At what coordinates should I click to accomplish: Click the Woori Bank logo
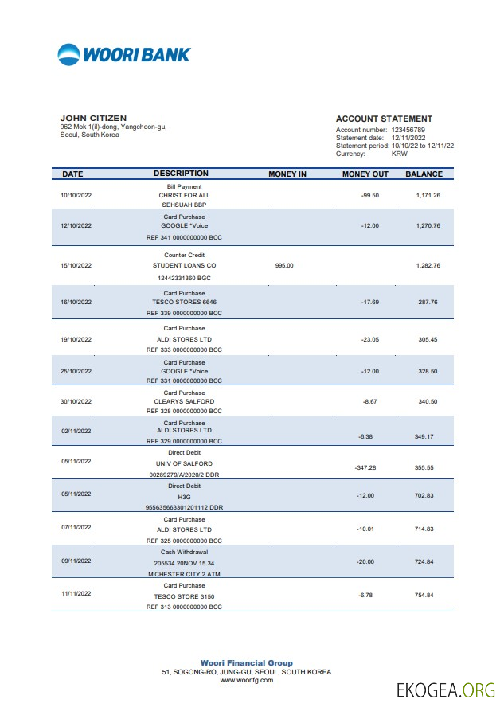(x=124, y=54)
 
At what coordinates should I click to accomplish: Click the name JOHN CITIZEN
(x=93, y=119)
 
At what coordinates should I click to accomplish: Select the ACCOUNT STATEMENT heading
(x=384, y=119)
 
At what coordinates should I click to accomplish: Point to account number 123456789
(x=408, y=129)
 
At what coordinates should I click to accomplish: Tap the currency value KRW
(x=400, y=154)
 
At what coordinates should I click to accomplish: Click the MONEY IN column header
(x=287, y=174)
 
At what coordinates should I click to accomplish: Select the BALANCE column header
(x=424, y=174)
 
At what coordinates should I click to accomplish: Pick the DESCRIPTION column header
(x=181, y=174)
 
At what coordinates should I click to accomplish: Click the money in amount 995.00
(x=284, y=265)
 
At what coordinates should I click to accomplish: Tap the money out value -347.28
(x=365, y=468)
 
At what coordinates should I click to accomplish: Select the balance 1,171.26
(x=428, y=195)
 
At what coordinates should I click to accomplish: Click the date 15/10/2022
(x=76, y=265)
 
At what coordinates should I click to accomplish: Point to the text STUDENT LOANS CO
(x=184, y=265)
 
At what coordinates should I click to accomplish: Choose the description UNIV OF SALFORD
(x=184, y=463)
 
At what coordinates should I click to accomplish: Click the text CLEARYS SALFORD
(x=184, y=402)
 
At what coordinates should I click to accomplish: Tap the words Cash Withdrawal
(x=184, y=552)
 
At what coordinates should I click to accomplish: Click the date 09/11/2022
(x=76, y=561)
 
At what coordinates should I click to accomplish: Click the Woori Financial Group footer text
(x=246, y=663)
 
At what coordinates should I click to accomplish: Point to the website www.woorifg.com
(x=246, y=680)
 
